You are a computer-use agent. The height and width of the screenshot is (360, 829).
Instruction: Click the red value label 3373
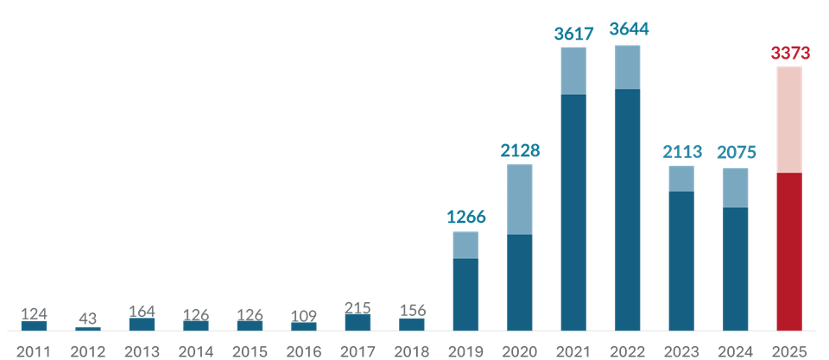(789, 54)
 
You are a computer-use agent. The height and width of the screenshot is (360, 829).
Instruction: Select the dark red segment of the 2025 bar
(789, 251)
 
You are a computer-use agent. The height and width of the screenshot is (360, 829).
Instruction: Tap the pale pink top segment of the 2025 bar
(789, 120)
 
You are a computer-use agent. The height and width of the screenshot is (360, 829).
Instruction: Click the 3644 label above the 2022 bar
(629, 29)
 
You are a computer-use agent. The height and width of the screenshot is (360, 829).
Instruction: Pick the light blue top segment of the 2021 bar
(573, 71)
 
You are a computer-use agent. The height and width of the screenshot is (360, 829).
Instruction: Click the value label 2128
(520, 150)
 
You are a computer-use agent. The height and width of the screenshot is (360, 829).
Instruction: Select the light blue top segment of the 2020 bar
(520, 199)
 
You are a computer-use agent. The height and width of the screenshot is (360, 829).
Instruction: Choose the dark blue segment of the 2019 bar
(465, 294)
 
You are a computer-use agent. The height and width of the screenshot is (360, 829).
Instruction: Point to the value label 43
(88, 319)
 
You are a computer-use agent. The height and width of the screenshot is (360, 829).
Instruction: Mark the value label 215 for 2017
(358, 306)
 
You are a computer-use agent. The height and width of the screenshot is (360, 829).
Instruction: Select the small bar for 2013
(142, 324)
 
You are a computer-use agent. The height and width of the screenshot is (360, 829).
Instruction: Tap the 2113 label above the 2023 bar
(682, 152)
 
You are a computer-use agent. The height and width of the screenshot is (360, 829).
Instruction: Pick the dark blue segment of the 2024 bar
(735, 268)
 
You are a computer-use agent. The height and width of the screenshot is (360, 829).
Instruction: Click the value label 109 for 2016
(304, 315)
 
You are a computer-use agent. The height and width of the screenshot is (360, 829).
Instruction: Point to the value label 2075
(736, 153)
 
